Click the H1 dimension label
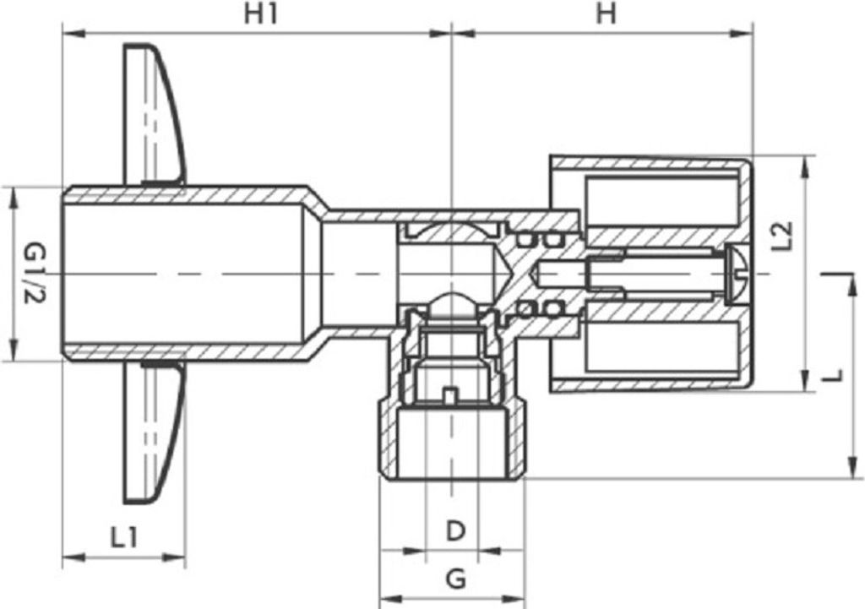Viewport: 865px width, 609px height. click(261, 14)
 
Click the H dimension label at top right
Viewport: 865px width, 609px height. click(606, 14)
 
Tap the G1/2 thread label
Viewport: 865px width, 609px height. click(34, 275)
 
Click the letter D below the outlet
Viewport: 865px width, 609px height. click(455, 531)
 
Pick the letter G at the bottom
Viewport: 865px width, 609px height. click(455, 579)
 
